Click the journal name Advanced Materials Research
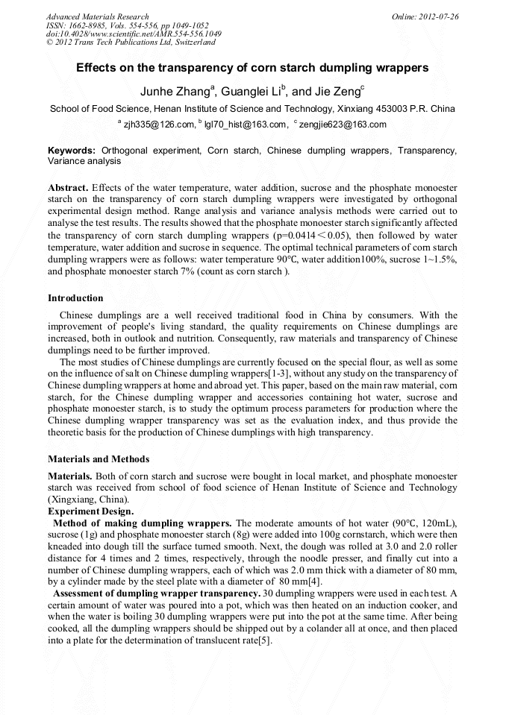(x=97, y=16)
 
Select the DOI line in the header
(x=134, y=34)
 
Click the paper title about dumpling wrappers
(x=252, y=67)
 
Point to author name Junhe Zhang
(x=175, y=92)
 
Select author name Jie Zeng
(x=337, y=92)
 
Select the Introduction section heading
(x=75, y=298)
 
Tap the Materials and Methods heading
(x=99, y=459)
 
